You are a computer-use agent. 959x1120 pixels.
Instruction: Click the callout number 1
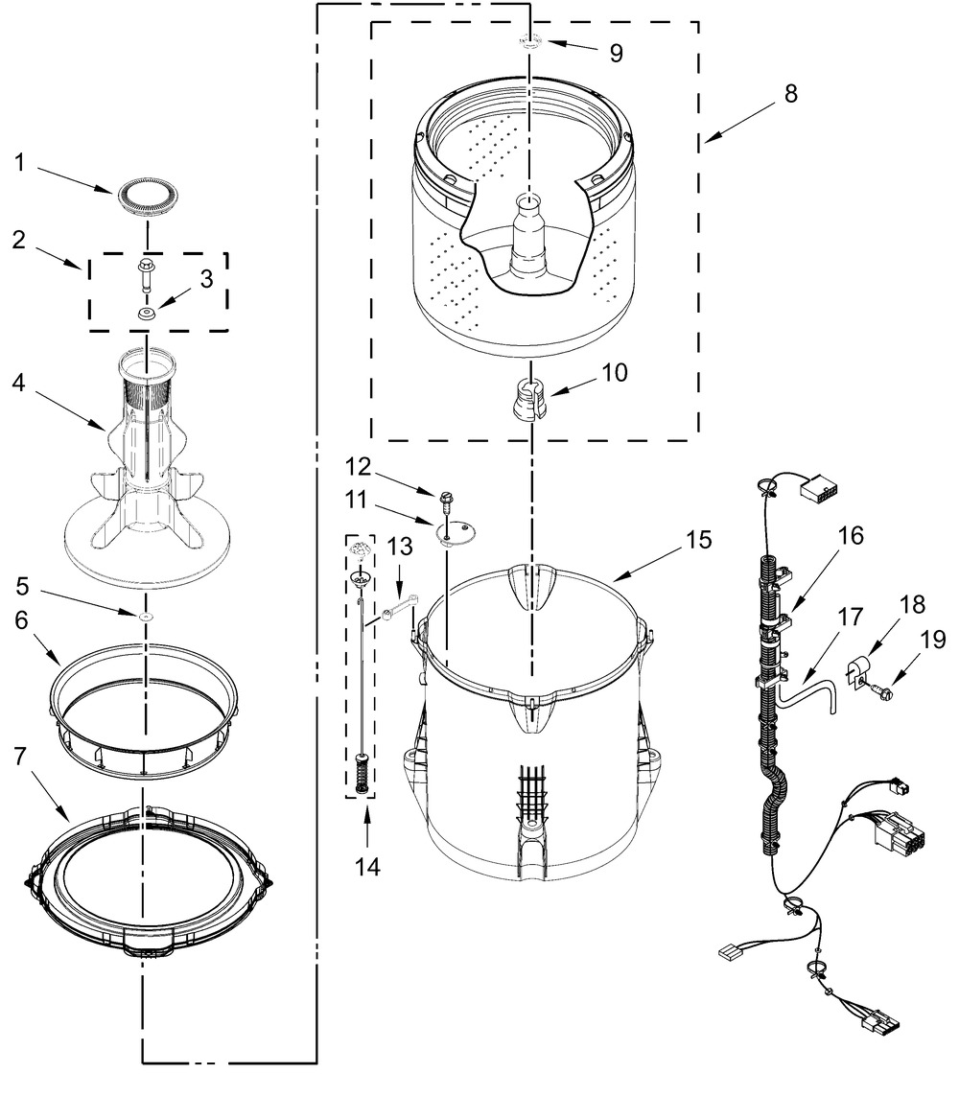(x=19, y=163)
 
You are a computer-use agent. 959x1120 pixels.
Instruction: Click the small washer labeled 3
(x=146, y=314)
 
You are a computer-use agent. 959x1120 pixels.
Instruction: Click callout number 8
(x=790, y=95)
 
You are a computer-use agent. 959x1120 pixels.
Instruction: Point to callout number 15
(x=699, y=540)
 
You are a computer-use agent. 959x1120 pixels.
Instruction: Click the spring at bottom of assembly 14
(x=361, y=771)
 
